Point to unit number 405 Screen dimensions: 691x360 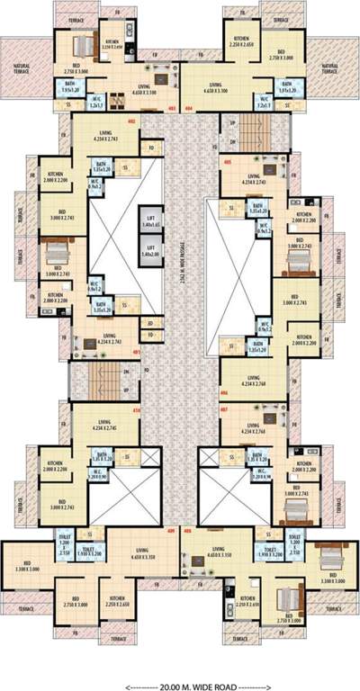(x=227, y=162)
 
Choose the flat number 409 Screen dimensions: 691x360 (x=172, y=530)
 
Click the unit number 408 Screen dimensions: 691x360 (x=189, y=530)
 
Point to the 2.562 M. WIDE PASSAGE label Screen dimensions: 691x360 (x=182, y=271)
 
